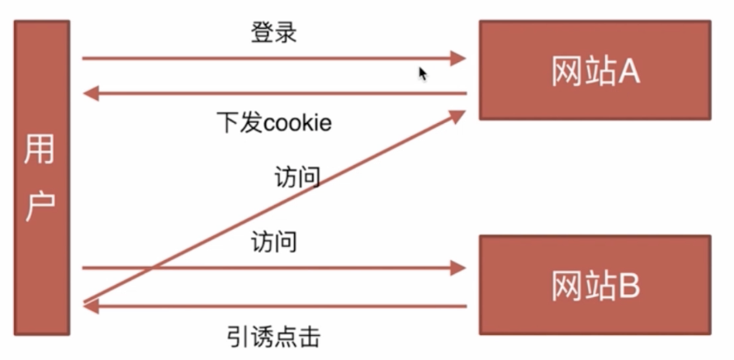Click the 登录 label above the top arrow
pos(273,33)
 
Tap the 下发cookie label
pos(273,123)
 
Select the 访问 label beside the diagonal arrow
pos(296,178)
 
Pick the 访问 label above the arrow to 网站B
pos(273,243)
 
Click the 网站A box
pos(594,70)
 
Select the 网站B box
pos(594,285)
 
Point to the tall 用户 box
pos(41,178)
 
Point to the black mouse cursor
pos(423,73)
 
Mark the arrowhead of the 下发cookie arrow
pos(92,93)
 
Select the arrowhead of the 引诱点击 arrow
pos(92,306)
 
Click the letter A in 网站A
pos(628,73)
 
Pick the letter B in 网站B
pos(628,287)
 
